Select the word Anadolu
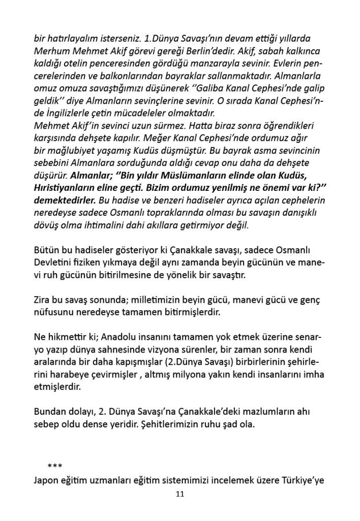coord(112,337)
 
